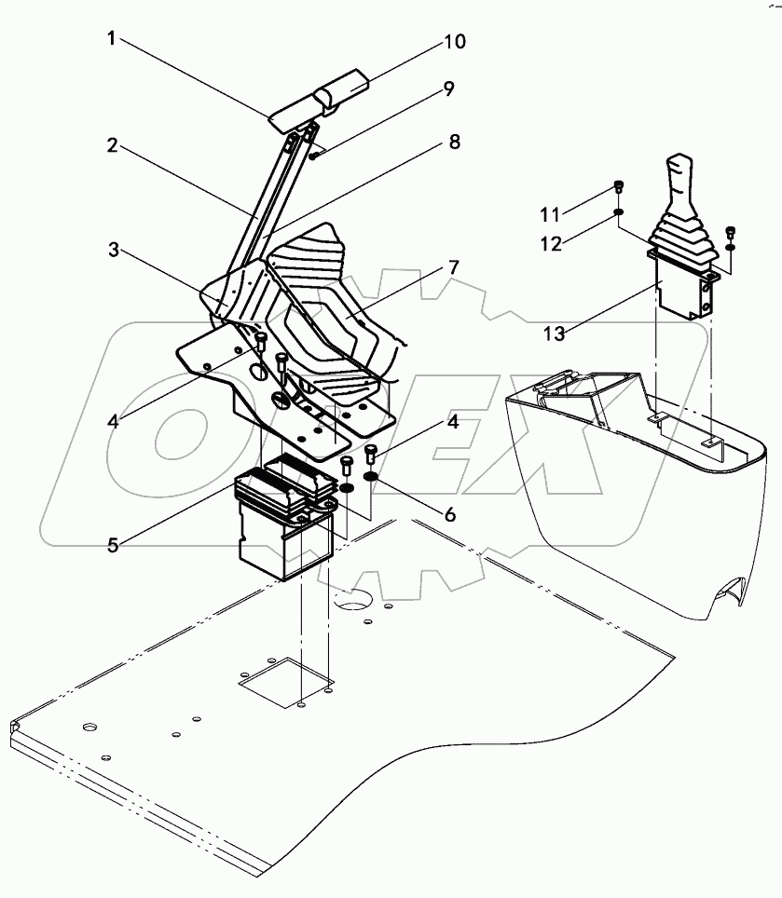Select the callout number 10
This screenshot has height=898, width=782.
pos(454,43)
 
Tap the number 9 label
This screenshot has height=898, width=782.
pos(448,89)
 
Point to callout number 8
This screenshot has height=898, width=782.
pos(454,142)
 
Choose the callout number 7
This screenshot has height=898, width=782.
pos(453,268)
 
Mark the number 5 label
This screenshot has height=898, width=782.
pos(112,545)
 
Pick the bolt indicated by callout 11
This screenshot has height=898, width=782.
pos(619,188)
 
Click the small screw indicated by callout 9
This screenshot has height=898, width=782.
pos(316,156)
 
